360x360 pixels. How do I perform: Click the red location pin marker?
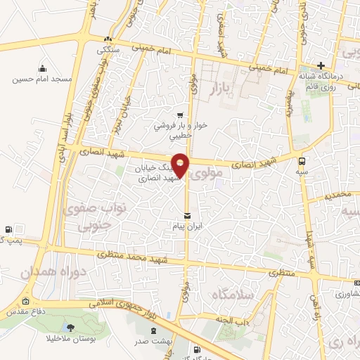[181, 165]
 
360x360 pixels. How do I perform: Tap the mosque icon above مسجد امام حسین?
[42, 69]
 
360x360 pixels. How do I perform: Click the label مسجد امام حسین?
[42, 79]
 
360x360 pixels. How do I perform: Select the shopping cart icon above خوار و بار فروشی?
[181, 115]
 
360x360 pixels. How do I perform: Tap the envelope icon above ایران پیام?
[186, 215]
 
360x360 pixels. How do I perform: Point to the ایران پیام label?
[186, 227]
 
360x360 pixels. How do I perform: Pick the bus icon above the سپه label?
[302, 160]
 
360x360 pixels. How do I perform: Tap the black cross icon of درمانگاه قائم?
[321, 65]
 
